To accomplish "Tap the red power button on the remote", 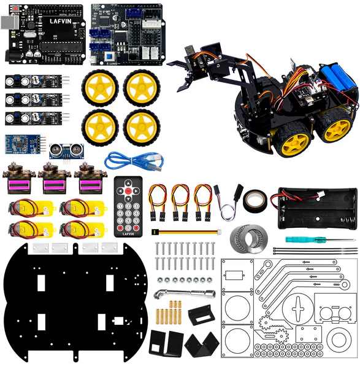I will pos(128,192).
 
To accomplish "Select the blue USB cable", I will pos(134,161).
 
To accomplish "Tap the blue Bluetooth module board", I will pos(24,144).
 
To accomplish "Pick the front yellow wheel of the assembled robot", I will pos(291,142).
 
